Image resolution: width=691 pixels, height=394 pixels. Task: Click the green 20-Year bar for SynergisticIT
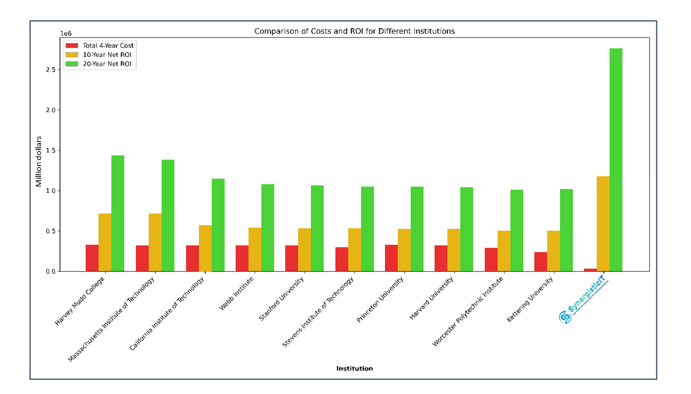616,160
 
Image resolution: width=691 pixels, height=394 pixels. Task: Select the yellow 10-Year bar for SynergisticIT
603,224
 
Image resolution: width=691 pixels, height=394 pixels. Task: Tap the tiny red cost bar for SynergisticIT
590,270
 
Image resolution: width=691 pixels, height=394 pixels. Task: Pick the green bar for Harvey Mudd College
118,214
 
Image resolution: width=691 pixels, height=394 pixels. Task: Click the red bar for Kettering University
540,262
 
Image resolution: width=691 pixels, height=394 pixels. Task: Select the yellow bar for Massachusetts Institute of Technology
155,242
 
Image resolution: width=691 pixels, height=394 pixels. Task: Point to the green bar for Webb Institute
267,228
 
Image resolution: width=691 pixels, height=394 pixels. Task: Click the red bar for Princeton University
391,258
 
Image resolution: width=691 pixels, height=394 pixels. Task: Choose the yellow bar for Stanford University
304,250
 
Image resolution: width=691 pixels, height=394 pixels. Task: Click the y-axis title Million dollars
39,162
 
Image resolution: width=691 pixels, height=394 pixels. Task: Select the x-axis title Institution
354,368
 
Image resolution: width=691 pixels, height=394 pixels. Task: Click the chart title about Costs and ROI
354,31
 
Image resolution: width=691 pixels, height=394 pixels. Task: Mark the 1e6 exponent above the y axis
65,33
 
